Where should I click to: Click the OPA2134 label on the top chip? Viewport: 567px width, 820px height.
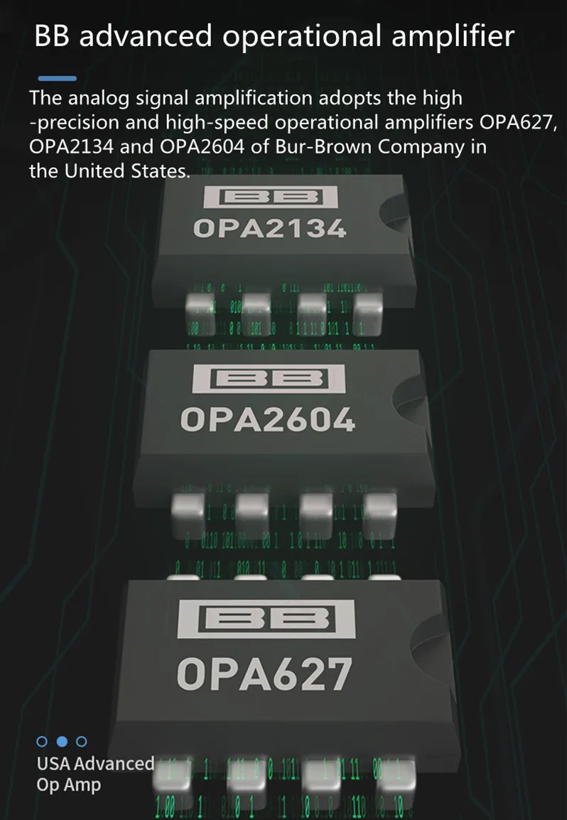click(269, 229)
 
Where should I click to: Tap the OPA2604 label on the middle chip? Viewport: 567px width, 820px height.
click(267, 421)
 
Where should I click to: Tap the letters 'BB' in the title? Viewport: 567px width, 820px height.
click(53, 36)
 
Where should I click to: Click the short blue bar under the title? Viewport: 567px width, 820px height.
click(57, 77)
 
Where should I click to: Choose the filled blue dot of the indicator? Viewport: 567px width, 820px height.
click(62, 741)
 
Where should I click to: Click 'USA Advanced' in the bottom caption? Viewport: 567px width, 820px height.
click(95, 764)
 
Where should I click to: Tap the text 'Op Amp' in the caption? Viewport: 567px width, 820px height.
click(69, 785)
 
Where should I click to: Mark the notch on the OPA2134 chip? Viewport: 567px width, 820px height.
click(394, 212)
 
